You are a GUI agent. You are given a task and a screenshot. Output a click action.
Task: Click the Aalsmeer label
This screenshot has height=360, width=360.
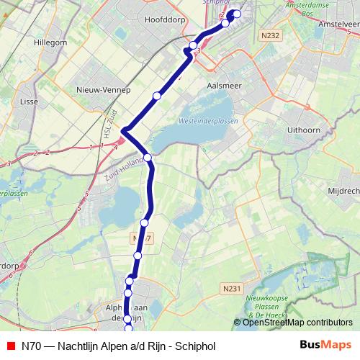pyautogui.click(x=224, y=84)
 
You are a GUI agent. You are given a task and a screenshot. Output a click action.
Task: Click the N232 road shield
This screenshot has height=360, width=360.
pyautogui.click(x=271, y=35)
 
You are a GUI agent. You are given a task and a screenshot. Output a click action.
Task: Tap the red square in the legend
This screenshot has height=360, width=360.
pyautogui.click(x=10, y=345)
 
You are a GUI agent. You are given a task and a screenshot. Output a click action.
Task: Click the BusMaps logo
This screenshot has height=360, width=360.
pyautogui.click(x=326, y=345)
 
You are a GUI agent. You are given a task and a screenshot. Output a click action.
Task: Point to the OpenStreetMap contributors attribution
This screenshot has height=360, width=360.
pyautogui.click(x=297, y=323)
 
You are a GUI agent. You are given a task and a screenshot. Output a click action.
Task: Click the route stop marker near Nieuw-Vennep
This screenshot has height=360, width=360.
pyautogui.click(x=156, y=96)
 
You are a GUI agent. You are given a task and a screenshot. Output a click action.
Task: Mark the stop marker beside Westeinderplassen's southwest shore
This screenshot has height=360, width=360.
pyautogui.click(x=147, y=157)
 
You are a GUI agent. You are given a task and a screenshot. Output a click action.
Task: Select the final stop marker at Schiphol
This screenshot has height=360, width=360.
pyautogui.click(x=237, y=14)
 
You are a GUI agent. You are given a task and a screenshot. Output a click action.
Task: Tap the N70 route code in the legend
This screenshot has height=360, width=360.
pyautogui.click(x=30, y=345)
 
